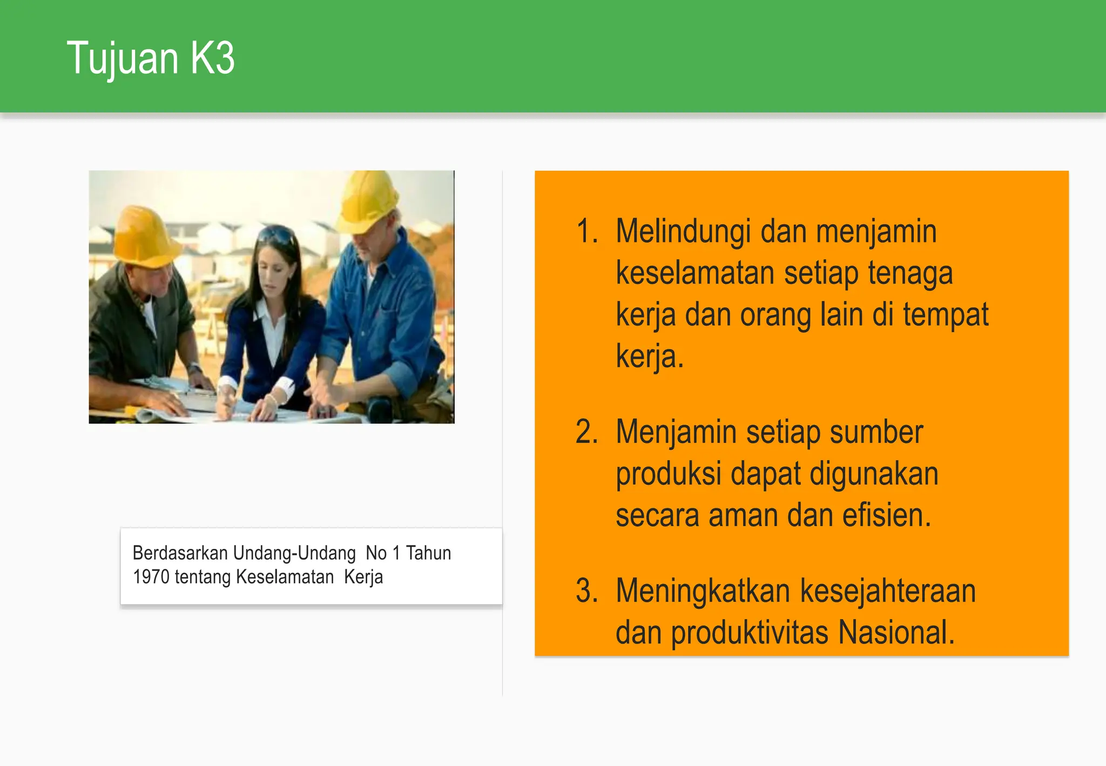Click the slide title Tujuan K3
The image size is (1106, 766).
tap(151, 58)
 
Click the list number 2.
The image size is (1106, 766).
tap(586, 432)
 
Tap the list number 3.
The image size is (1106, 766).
tap(586, 591)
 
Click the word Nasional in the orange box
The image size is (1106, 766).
tap(896, 633)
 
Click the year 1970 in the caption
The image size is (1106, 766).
tap(151, 577)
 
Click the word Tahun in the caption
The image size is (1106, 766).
tap(428, 553)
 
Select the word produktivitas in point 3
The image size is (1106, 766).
tap(750, 633)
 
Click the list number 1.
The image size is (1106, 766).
tap(586, 232)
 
